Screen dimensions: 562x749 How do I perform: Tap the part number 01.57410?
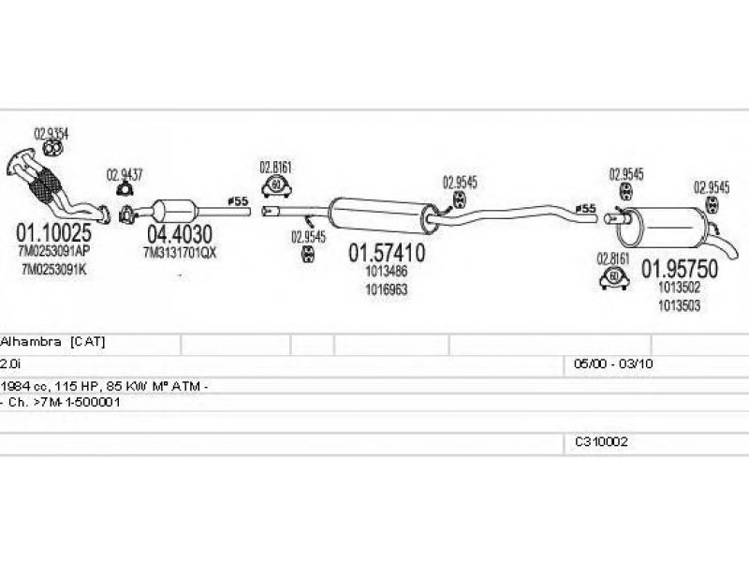(x=387, y=253)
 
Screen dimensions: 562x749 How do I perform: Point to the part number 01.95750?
(x=679, y=269)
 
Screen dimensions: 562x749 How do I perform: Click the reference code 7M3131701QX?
(x=179, y=252)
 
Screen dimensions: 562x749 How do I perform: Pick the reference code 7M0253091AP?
(x=53, y=250)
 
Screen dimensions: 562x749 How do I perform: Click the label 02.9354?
(x=51, y=131)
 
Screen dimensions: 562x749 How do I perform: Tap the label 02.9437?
(x=125, y=173)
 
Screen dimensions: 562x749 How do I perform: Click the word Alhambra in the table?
(x=32, y=342)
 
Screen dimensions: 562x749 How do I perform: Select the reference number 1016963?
(x=386, y=289)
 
